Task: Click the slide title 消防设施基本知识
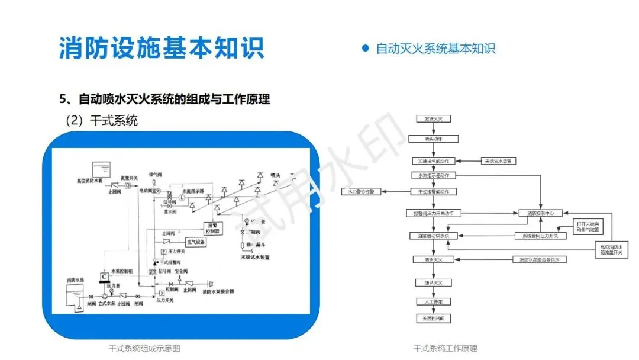click(x=162, y=47)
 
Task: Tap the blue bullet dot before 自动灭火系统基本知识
click(x=365, y=48)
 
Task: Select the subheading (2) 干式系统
click(x=101, y=121)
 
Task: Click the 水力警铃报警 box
click(x=361, y=191)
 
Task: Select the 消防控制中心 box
click(x=540, y=213)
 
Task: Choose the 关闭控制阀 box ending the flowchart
click(x=433, y=319)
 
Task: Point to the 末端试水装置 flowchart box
click(x=499, y=160)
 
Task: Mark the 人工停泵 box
click(x=433, y=301)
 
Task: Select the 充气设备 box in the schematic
click(x=196, y=242)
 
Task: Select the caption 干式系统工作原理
click(x=445, y=348)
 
